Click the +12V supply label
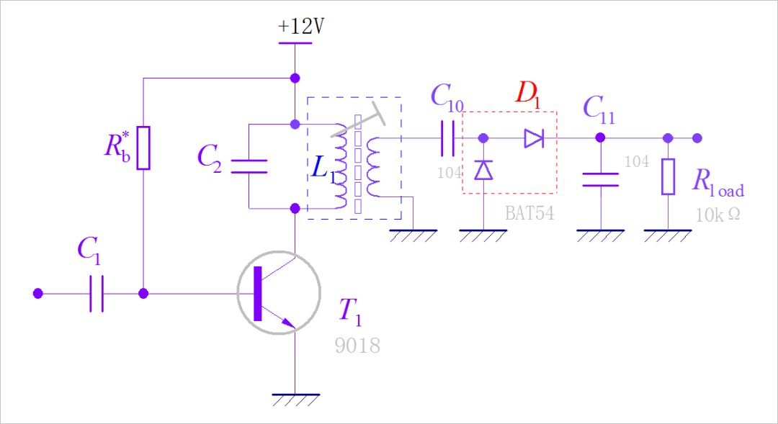(x=301, y=27)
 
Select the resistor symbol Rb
(x=143, y=148)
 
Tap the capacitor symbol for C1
(x=97, y=294)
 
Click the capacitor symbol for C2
(x=249, y=166)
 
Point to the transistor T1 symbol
(x=278, y=293)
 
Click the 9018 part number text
(x=357, y=346)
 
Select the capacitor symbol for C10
(x=447, y=138)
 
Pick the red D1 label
(x=527, y=94)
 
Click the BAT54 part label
(x=529, y=214)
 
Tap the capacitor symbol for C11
(x=600, y=179)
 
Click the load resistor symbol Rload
(x=668, y=176)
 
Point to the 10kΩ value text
(x=717, y=215)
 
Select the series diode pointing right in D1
(x=533, y=138)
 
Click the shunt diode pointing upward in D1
(x=483, y=170)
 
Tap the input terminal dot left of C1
(x=38, y=294)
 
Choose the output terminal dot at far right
(x=696, y=138)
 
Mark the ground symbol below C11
(x=600, y=235)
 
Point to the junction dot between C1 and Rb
(x=143, y=294)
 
